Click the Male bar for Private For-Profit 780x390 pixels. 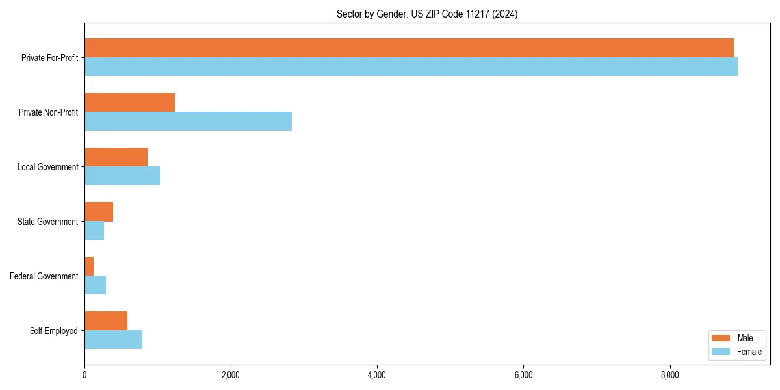(409, 48)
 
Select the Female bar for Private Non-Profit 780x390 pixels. (188, 121)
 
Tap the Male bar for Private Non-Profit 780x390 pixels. (129, 103)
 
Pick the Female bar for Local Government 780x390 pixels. (122, 175)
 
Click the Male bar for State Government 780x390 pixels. (99, 212)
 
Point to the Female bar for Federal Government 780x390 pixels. (95, 285)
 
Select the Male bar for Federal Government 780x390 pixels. (89, 266)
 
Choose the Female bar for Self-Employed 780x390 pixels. (113, 339)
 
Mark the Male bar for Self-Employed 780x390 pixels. (106, 321)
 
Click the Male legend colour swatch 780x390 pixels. (721, 338)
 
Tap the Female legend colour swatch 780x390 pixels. (721, 352)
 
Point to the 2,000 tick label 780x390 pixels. (231, 375)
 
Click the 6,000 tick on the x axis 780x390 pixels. (523, 375)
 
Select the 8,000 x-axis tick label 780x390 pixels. (669, 375)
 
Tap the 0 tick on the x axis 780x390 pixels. (84, 375)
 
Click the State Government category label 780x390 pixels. (47, 222)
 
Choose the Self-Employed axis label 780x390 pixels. (53, 331)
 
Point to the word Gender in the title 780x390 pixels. (378, 14)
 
